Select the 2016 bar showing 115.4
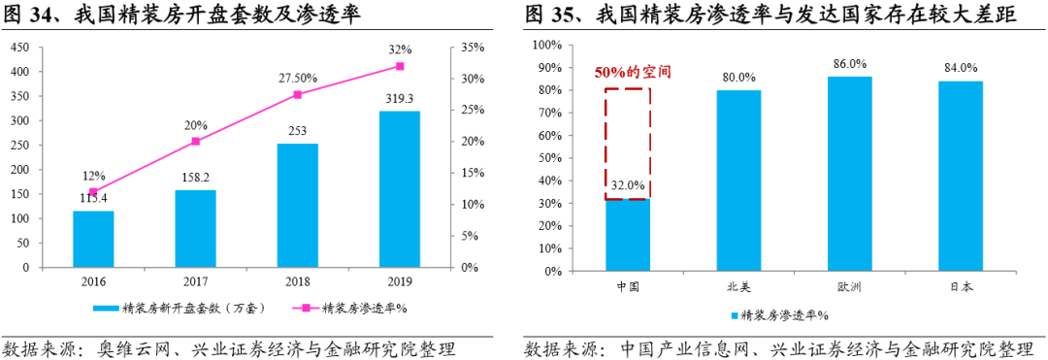tap(93, 239)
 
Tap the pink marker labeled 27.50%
tap(297, 94)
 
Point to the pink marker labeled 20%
tap(195, 142)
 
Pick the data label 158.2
tap(195, 178)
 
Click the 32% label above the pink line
tap(399, 49)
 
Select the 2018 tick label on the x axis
tap(297, 281)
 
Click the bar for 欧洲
tap(850, 175)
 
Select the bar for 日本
tap(961, 177)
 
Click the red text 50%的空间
tap(633, 73)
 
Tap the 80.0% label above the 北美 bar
tap(739, 77)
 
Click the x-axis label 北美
tap(739, 287)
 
